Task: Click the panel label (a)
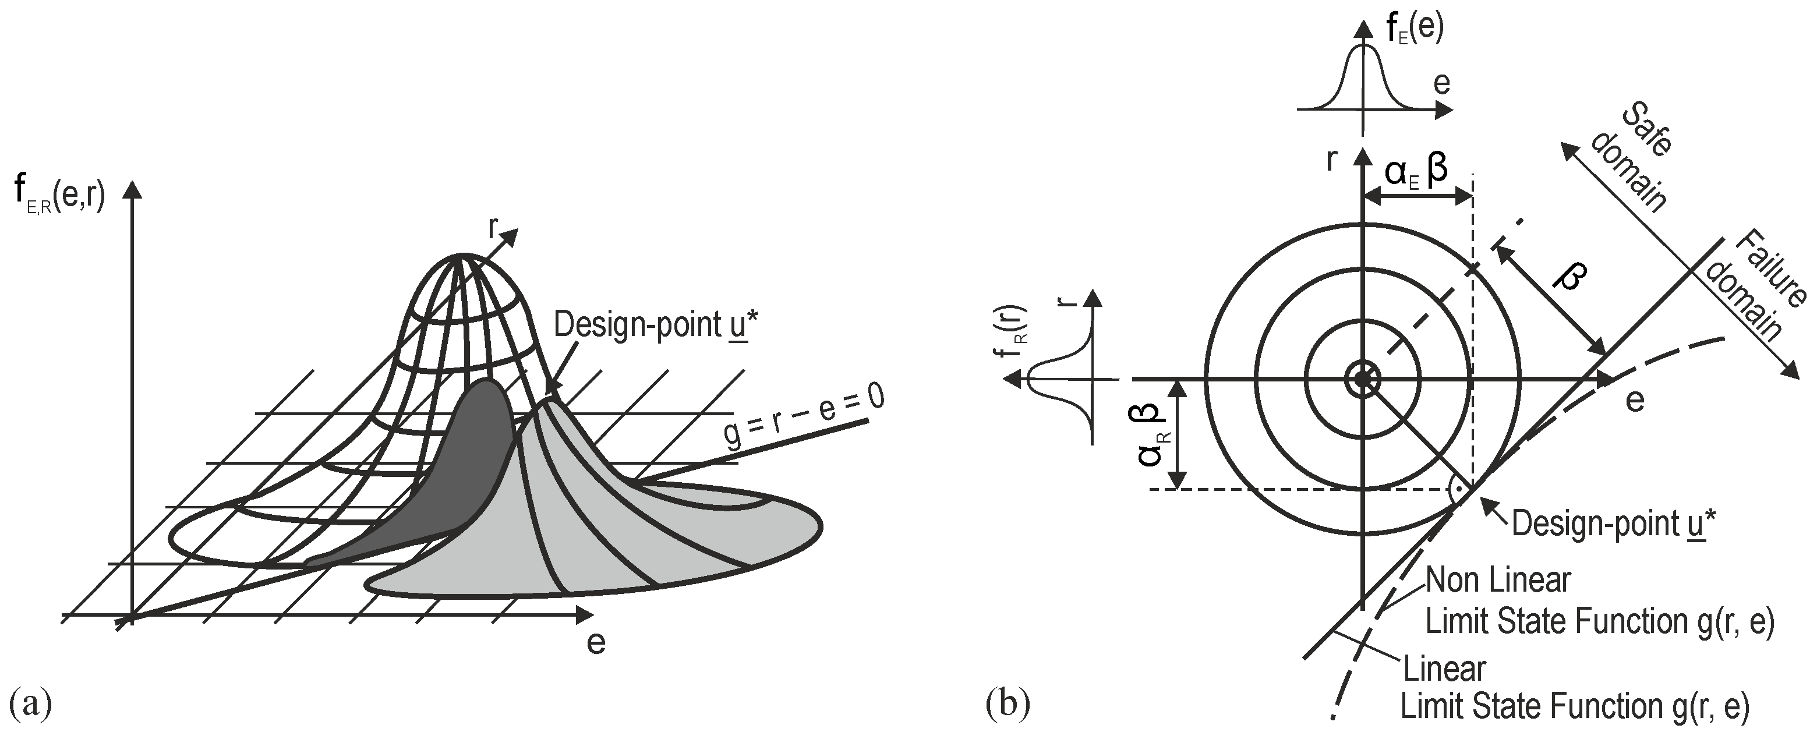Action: pyautogui.click(x=30, y=703)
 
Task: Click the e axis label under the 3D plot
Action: pyautogui.click(x=595, y=643)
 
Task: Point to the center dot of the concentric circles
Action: pyautogui.click(x=1363, y=379)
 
